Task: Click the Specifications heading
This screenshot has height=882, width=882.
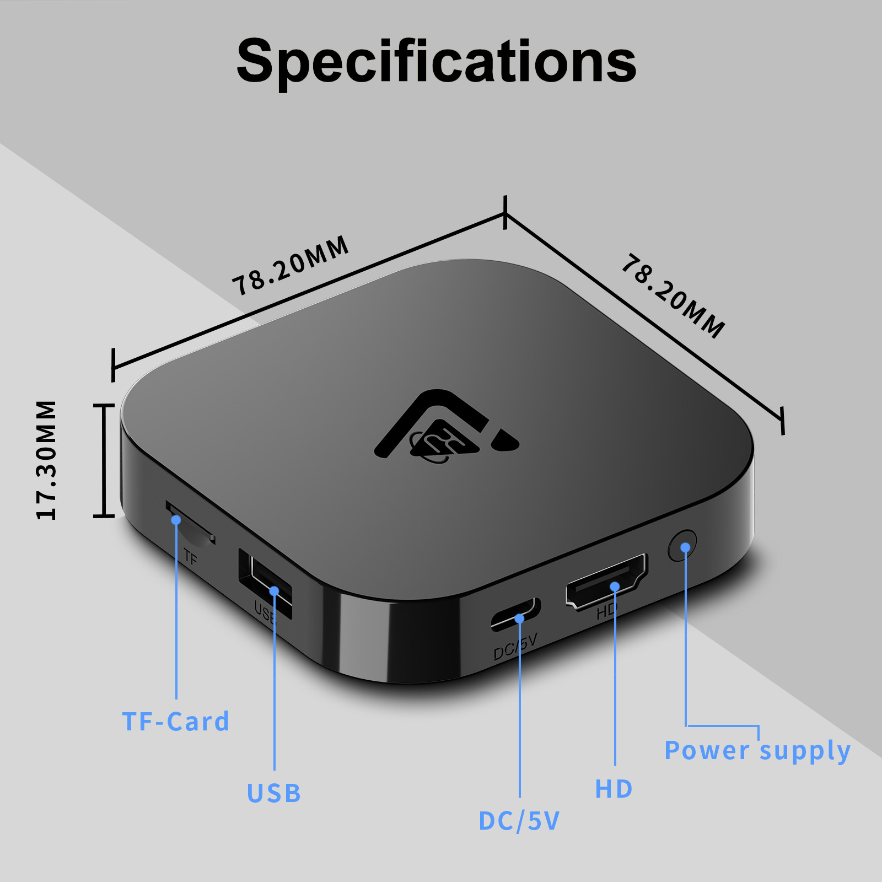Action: pos(436,62)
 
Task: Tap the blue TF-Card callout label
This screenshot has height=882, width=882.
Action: pos(175,722)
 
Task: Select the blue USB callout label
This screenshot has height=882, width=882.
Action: pos(273,793)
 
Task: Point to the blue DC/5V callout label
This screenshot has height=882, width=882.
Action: pos(519,821)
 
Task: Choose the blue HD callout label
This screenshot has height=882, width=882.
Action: pos(614,789)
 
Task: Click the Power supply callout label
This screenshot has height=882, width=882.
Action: pos(757,751)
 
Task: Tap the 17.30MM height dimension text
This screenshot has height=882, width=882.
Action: pos(47,460)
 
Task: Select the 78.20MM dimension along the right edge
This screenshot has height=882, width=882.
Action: pos(673,296)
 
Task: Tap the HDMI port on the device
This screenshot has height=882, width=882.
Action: pos(606,582)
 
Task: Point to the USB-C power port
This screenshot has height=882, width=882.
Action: pos(515,614)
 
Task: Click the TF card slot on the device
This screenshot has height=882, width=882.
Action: pos(190,524)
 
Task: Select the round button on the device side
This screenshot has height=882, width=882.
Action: pos(682,546)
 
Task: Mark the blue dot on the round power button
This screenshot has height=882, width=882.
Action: pos(685,547)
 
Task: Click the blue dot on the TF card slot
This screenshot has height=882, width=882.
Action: pos(176,520)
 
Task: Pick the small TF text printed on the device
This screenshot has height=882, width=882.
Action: pos(190,558)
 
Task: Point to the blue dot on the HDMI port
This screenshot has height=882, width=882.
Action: pos(615,587)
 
